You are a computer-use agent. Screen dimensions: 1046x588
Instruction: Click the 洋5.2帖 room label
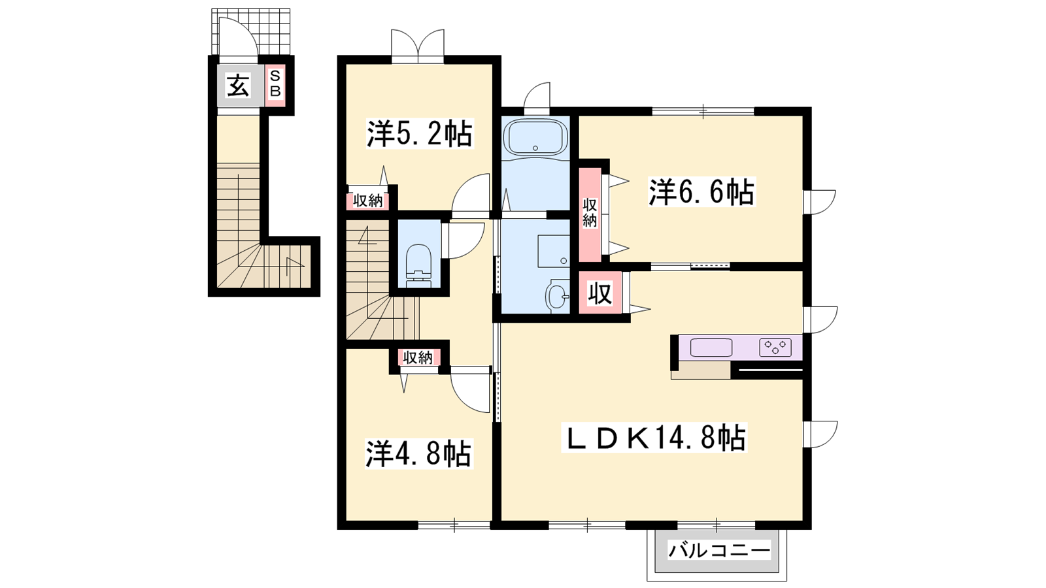tap(419, 133)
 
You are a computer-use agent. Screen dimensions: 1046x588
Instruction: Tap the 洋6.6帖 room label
tap(701, 192)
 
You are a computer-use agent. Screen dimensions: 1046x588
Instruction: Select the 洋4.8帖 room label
tap(418, 453)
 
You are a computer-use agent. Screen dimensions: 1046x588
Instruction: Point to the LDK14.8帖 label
tap(654, 437)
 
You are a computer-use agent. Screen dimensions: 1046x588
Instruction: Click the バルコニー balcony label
tap(719, 551)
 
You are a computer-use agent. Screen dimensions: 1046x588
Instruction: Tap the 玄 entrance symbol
tap(239, 86)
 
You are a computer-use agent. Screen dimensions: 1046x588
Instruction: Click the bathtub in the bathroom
tap(535, 137)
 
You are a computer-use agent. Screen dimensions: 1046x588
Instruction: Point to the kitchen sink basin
tap(711, 348)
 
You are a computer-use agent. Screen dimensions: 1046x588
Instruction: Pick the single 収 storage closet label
tap(600, 293)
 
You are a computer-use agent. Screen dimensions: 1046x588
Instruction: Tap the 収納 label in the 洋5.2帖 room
tap(368, 201)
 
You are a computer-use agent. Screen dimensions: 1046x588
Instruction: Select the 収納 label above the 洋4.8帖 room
tap(418, 357)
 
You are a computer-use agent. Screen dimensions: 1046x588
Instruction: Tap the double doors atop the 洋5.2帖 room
tap(418, 45)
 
